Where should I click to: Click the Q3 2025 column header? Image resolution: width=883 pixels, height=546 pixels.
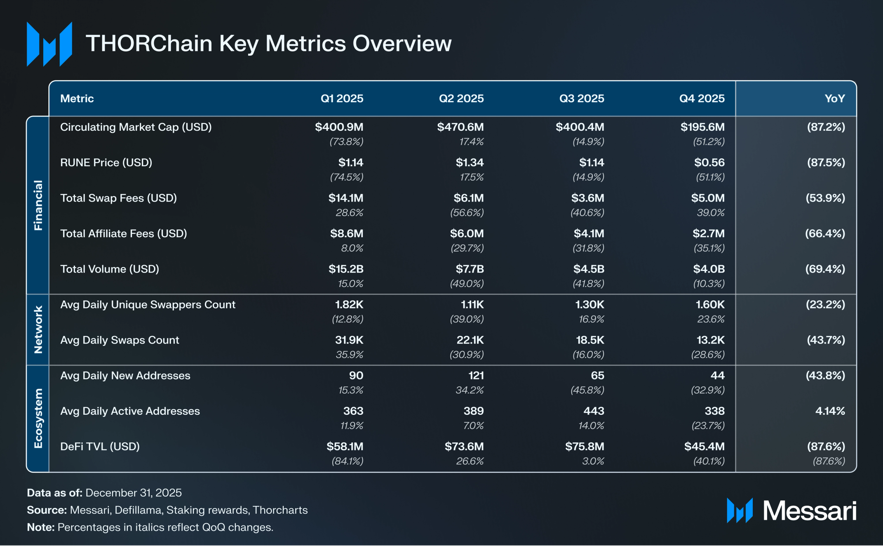[581, 99]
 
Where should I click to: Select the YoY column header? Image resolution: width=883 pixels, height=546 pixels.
[834, 99]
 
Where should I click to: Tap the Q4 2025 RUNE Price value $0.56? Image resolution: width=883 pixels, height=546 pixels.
[709, 162]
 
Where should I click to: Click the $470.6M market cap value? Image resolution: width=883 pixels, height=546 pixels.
[460, 127]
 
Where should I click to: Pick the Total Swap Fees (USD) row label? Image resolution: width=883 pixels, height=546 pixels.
[118, 198]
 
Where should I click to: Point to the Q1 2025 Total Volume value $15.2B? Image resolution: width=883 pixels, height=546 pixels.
[346, 269]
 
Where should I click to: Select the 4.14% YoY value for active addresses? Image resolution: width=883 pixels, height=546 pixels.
[830, 411]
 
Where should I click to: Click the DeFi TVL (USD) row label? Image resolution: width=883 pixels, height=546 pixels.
[100, 446]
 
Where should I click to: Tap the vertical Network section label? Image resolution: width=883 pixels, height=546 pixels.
[38, 329]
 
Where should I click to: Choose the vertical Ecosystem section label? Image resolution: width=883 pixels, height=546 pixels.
[38, 418]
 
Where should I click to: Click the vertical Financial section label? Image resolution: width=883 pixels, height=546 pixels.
[38, 205]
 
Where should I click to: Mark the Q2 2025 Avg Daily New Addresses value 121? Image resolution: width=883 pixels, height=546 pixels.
[476, 375]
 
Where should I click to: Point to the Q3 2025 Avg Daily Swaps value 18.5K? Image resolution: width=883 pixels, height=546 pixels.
[590, 340]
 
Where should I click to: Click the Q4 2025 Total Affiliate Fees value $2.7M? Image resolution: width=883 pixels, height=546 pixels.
[708, 233]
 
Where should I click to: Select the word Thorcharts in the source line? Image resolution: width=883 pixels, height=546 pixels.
[280, 510]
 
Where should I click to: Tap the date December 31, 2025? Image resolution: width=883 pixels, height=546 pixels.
[134, 493]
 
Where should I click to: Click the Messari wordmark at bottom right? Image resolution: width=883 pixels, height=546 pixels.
[809, 511]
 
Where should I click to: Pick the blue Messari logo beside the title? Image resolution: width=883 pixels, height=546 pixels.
[49, 44]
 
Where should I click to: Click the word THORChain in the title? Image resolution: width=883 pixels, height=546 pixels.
[149, 43]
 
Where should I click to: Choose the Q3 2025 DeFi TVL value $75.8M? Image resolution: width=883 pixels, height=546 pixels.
[585, 446]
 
